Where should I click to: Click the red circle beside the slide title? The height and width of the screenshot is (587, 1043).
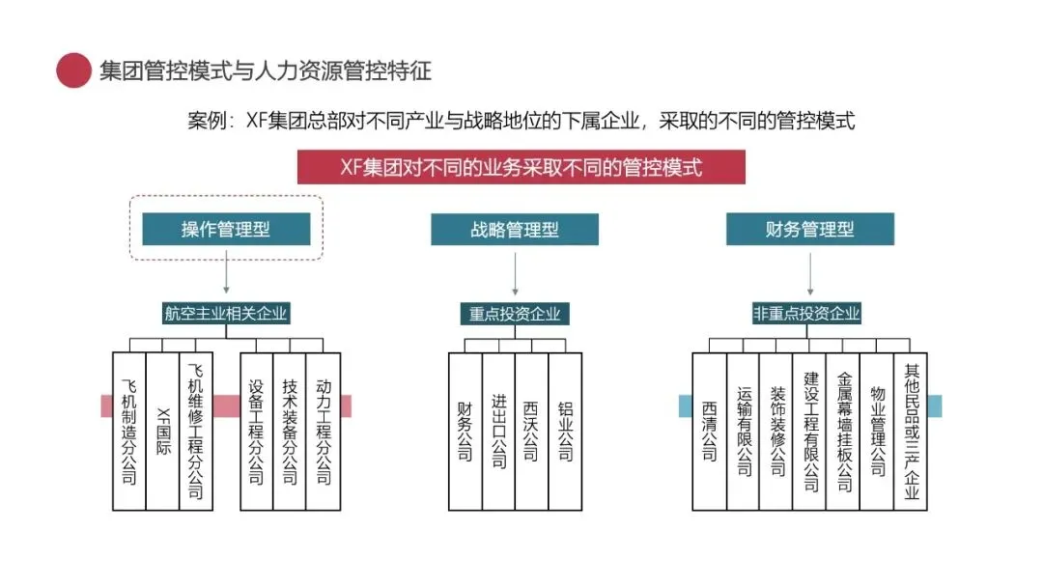tap(73, 70)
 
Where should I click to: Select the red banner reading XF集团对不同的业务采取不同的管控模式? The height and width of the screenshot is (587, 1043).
tap(521, 167)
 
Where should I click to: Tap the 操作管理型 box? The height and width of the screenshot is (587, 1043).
tap(226, 229)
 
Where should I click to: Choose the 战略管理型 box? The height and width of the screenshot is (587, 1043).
tap(515, 229)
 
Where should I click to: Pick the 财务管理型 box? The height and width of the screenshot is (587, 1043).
tap(809, 229)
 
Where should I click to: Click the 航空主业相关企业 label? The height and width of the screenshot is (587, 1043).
tap(226, 313)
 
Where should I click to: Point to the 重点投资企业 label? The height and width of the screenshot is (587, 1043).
tap(515, 314)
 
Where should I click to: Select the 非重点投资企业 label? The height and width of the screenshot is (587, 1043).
tap(806, 313)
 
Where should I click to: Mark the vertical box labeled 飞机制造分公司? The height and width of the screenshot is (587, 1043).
tap(129, 431)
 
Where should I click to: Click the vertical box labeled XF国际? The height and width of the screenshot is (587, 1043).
tap(162, 431)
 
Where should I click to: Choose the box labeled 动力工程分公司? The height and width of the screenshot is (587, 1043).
tap(323, 431)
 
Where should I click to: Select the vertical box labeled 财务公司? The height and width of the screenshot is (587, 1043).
tap(465, 431)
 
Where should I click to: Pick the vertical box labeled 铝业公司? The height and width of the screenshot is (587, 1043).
tap(565, 431)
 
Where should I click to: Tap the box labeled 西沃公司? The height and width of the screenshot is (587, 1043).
tap(531, 431)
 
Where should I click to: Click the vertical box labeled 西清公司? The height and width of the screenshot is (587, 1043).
tap(710, 431)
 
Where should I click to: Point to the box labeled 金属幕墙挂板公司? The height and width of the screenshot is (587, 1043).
tap(844, 431)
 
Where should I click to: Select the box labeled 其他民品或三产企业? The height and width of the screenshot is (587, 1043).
tap(911, 431)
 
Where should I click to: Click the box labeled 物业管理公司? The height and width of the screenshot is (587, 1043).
tap(877, 431)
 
